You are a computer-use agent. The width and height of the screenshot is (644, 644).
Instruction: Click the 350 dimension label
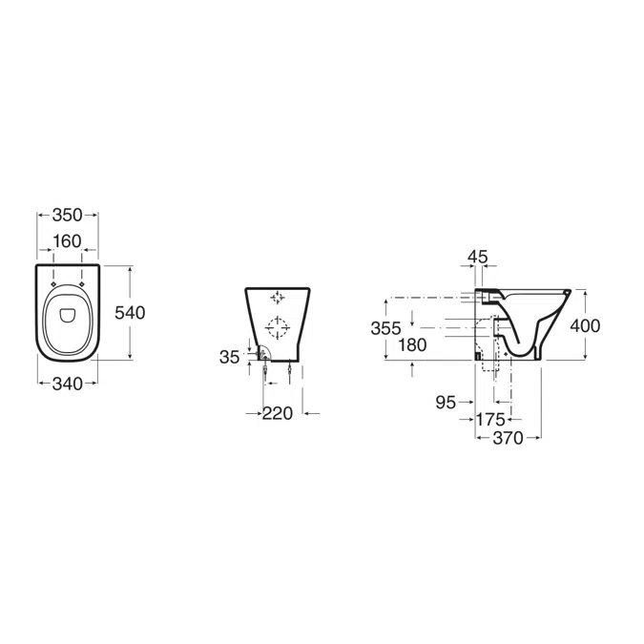[68, 215]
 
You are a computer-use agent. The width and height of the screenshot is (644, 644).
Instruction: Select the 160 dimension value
[68, 241]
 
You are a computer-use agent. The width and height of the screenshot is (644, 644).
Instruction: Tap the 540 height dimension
[130, 313]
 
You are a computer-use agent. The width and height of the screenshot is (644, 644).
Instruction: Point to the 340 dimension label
[68, 384]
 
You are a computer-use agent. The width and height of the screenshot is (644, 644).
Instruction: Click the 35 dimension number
[229, 357]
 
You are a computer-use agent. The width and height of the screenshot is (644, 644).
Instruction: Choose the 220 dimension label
[278, 413]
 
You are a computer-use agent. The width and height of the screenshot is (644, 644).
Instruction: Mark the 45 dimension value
[478, 257]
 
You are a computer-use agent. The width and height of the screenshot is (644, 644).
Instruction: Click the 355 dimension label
[385, 328]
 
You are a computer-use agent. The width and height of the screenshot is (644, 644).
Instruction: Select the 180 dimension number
[412, 345]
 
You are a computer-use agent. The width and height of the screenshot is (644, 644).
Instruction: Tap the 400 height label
[585, 325]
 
